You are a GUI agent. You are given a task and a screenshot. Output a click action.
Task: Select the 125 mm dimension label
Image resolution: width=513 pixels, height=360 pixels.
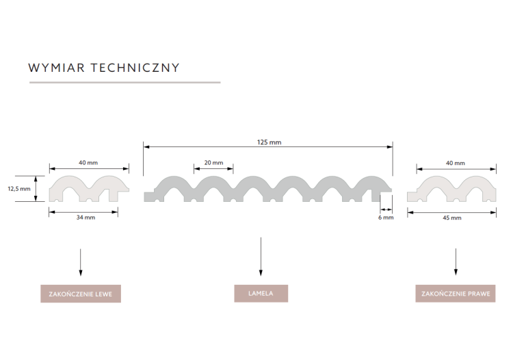pyautogui.click(x=269, y=142)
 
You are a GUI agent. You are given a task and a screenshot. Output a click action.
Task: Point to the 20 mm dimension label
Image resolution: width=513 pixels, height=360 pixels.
pyautogui.click(x=213, y=163)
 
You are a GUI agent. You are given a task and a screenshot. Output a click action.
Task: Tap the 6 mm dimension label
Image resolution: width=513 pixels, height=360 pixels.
pyautogui.click(x=386, y=218)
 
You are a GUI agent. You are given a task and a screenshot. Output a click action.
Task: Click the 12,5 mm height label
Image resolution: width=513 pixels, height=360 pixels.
pyautogui.click(x=19, y=188)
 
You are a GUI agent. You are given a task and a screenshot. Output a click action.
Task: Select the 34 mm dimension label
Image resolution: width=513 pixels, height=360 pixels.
pyautogui.click(x=85, y=217)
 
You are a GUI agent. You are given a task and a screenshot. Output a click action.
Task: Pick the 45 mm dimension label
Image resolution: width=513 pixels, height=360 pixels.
pyautogui.click(x=452, y=218)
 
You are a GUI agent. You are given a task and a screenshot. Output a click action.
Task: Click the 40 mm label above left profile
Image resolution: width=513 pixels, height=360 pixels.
pyautogui.click(x=88, y=163)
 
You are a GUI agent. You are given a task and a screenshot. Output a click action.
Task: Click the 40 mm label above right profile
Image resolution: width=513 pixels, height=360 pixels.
pyautogui.click(x=455, y=163)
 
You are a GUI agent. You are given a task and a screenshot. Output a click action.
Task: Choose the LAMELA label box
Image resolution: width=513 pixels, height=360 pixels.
pyautogui.click(x=261, y=294)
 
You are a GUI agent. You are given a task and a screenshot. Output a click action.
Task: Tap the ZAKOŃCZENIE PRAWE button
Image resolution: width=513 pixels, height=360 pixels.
pyautogui.click(x=455, y=294)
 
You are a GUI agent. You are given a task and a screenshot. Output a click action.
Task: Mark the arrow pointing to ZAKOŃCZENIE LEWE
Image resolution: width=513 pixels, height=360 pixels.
pyautogui.click(x=81, y=262)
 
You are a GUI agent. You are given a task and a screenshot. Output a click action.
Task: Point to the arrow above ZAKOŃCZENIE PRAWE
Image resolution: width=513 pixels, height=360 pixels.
pyautogui.click(x=456, y=262)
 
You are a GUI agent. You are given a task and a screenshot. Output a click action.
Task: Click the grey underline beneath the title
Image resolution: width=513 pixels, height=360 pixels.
pyautogui.click(x=124, y=82)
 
